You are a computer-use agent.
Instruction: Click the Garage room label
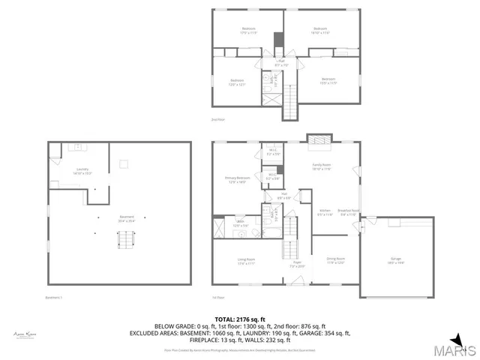[x=396, y=260]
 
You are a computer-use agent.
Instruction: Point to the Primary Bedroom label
[x=238, y=179]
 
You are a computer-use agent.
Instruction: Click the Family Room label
[x=322, y=166]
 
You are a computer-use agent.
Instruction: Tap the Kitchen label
[x=325, y=211]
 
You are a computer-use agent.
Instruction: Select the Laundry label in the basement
[x=82, y=170]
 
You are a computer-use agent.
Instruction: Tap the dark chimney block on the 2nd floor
[x=278, y=40]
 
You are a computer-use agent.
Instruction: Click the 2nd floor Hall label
[x=281, y=62]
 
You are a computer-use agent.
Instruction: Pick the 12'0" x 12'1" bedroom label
[x=237, y=82]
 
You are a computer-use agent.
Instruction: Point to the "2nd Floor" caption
[x=218, y=119]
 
